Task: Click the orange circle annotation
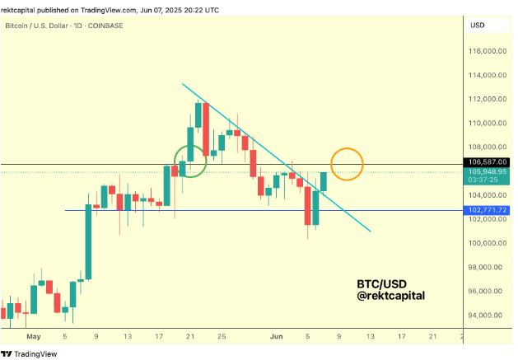coord(347,164)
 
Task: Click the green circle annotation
coord(189,160)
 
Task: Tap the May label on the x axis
coord(33,336)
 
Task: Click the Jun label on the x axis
coord(277,336)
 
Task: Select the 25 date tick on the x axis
coord(222,336)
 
